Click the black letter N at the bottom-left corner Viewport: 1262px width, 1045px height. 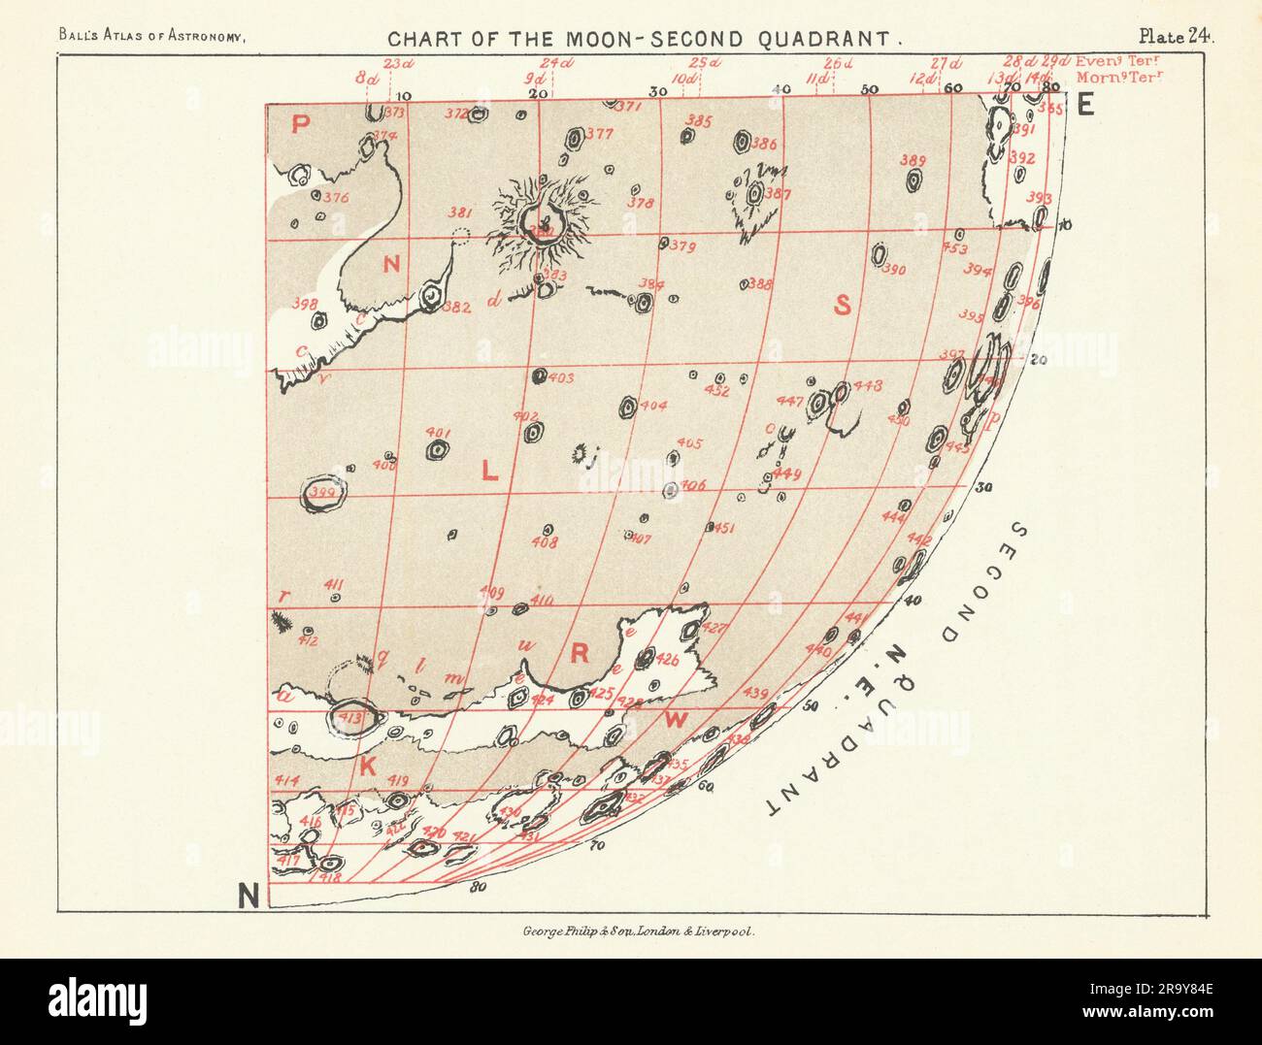pyautogui.click(x=249, y=898)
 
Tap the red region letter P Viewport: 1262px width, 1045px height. pyautogui.click(x=301, y=123)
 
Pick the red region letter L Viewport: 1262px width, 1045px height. pyautogui.click(x=489, y=474)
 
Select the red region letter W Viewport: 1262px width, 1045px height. pyautogui.click(x=676, y=720)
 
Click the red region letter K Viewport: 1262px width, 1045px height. pyautogui.click(x=368, y=767)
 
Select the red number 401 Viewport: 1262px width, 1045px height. pyautogui.click(x=438, y=433)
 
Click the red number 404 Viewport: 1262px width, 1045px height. pyautogui.click(x=653, y=406)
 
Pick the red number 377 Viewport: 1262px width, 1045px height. pyautogui.click(x=600, y=134)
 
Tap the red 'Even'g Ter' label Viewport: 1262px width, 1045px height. pyautogui.click(x=1117, y=61)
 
